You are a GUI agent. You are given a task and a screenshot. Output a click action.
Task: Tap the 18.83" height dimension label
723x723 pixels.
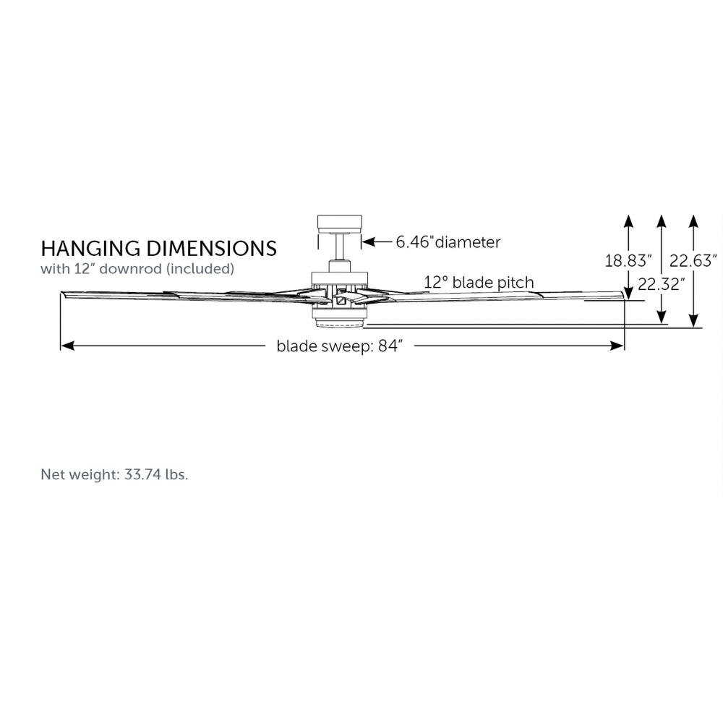point(628,260)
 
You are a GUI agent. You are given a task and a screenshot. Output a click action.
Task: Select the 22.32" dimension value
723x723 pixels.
point(661,284)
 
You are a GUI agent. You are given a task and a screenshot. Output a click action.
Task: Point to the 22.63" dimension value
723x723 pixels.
point(693,260)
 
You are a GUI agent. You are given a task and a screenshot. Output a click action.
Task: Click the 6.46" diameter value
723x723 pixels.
point(413,242)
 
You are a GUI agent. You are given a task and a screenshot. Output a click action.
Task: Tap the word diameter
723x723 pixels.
point(466,242)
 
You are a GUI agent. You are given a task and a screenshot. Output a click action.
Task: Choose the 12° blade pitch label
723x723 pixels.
point(479,282)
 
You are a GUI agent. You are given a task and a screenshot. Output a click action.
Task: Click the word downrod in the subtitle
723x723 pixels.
point(147,269)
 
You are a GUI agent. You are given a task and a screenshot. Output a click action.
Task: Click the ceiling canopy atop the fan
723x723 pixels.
point(338,223)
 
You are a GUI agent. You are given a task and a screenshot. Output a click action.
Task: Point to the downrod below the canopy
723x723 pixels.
point(338,253)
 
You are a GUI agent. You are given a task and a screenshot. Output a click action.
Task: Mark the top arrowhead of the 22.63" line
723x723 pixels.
point(693,219)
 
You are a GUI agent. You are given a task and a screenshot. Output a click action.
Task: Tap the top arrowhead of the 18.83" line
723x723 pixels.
point(628,219)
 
